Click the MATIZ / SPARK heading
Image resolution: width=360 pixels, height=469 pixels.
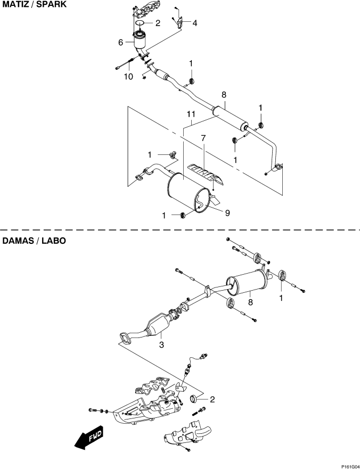[35, 4]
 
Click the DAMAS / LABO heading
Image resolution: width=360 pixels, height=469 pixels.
[34, 241]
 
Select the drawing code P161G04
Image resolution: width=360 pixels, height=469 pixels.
[350, 466]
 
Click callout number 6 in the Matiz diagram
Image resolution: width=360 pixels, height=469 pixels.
[120, 43]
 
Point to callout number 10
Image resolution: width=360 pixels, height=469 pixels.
[128, 77]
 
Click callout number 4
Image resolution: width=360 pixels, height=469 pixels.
[195, 23]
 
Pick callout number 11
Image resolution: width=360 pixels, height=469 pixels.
[191, 114]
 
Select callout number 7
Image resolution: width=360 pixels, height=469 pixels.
[203, 138]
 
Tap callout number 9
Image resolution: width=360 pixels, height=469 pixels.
[227, 213]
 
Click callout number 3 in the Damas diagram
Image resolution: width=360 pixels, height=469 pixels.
[161, 344]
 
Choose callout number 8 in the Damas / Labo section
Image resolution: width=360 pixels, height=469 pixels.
[250, 302]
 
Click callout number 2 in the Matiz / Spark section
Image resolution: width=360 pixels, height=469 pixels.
[158, 23]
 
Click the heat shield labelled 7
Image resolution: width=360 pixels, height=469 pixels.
[205, 175]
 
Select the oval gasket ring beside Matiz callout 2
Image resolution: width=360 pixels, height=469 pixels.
[140, 23]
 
